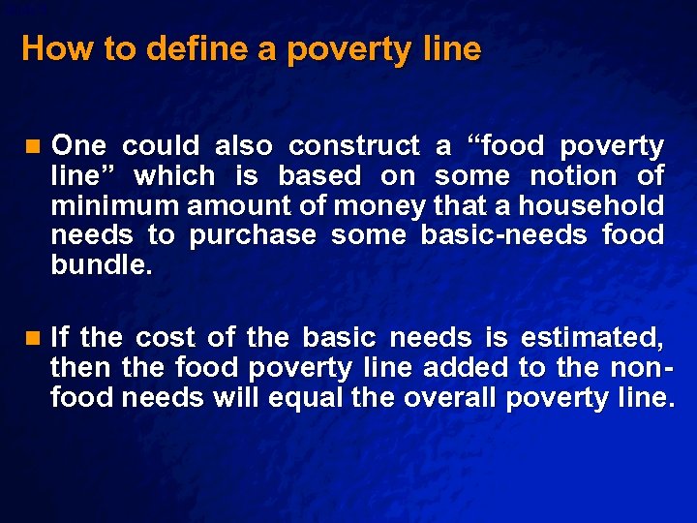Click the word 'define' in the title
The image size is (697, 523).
(x=198, y=49)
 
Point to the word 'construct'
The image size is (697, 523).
(x=354, y=146)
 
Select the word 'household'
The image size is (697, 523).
(x=591, y=205)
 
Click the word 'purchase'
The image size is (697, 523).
(x=253, y=235)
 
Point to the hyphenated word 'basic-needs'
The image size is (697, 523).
(x=504, y=235)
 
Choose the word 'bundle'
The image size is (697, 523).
(x=99, y=264)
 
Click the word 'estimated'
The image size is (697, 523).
(x=591, y=337)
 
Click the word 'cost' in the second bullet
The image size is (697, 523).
(x=166, y=337)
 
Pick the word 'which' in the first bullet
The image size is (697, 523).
(x=174, y=176)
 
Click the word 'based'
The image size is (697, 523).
(x=318, y=176)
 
